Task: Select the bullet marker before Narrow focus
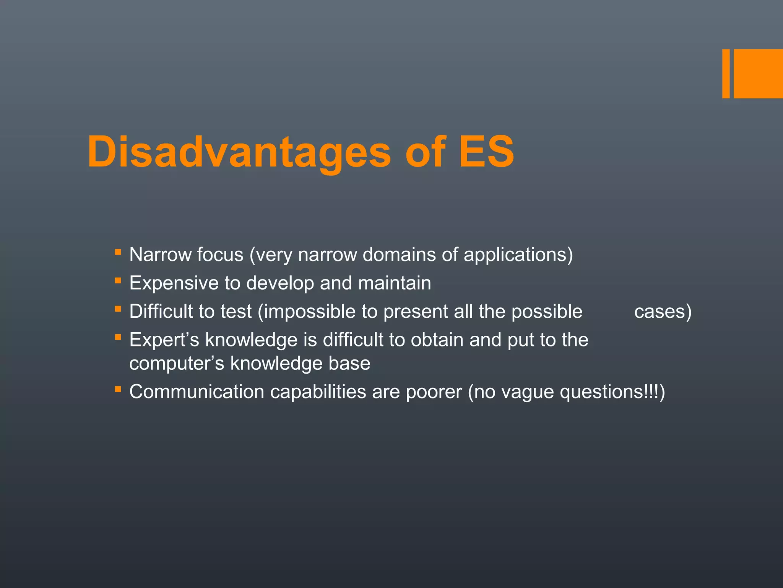(118, 252)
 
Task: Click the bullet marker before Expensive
(118, 281)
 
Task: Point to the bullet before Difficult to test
(118, 309)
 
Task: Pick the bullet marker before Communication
(118, 389)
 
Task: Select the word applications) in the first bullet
(518, 255)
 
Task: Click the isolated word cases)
(663, 312)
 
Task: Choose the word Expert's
(164, 340)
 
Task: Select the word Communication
(197, 392)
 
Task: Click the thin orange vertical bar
(726, 73)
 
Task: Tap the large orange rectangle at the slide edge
(758, 73)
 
